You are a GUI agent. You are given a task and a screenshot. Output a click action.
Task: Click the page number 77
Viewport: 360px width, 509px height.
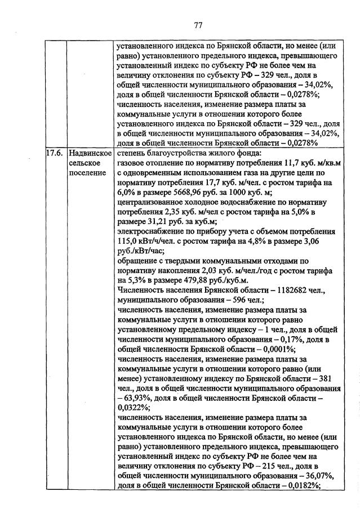pos(198,25)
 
